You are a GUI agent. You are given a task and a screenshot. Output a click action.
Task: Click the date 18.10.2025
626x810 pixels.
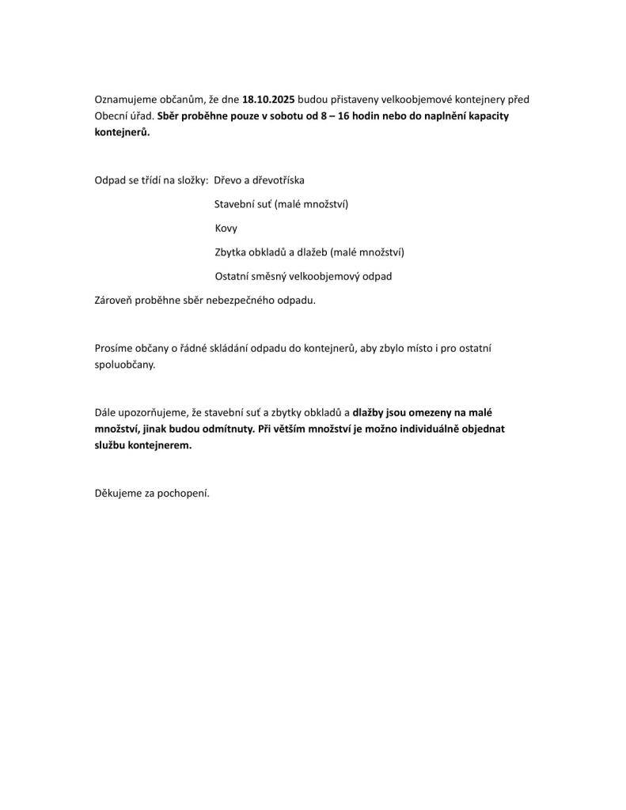click(269, 100)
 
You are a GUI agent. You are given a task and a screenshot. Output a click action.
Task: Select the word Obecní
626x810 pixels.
click(112, 116)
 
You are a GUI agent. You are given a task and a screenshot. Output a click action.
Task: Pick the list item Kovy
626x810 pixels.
click(226, 229)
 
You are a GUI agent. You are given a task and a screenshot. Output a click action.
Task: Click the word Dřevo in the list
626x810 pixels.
click(229, 180)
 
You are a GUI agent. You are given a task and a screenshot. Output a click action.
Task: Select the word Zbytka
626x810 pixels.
click(231, 252)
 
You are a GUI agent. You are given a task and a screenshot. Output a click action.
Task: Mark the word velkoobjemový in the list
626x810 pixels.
click(316, 277)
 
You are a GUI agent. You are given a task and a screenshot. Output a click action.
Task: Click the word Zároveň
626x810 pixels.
click(114, 301)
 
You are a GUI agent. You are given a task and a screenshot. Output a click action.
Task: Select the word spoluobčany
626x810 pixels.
click(125, 365)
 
